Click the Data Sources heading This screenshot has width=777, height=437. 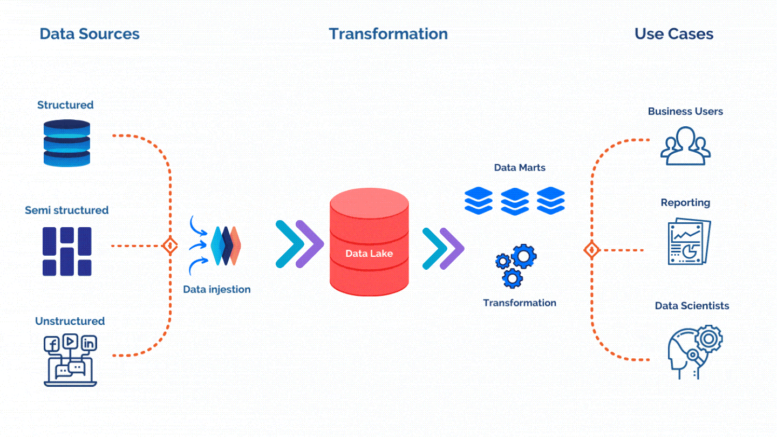coord(90,34)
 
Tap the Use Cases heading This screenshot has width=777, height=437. coord(673,34)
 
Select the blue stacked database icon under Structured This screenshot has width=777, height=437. coord(66,143)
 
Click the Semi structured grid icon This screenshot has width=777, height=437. coord(67,251)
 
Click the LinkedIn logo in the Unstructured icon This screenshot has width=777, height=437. coord(88,343)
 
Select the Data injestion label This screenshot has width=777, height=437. coord(216,289)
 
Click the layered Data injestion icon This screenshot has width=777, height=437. coord(226,246)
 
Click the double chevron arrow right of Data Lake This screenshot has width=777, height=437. coord(443,249)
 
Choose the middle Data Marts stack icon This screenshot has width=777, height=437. coord(515,201)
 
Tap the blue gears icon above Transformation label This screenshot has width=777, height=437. coord(515,265)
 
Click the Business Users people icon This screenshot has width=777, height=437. coord(685,146)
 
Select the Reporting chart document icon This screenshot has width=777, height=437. coord(689,242)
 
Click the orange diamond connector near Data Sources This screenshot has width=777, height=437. coord(170,246)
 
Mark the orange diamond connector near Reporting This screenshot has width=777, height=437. coord(592,250)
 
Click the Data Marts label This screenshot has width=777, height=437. coord(520,168)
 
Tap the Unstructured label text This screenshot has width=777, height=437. coord(70,321)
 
